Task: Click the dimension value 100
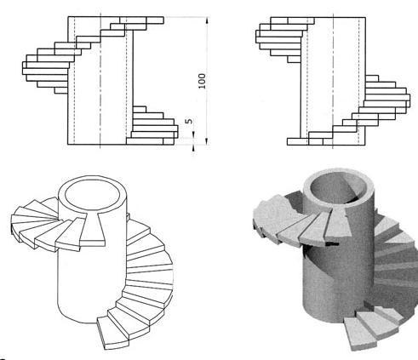202,81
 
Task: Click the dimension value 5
189,121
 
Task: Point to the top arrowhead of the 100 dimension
207,20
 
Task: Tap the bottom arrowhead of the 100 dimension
207,141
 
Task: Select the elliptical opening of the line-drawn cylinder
93,195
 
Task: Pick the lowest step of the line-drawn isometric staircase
113,334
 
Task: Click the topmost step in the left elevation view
141,20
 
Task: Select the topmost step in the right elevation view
292,20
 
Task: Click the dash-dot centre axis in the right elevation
333,81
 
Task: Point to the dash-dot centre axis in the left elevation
100,81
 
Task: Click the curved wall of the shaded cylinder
338,278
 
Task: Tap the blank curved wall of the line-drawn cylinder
91,283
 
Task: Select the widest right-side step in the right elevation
387,98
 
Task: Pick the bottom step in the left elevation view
150,141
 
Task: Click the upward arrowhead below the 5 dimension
194,148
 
